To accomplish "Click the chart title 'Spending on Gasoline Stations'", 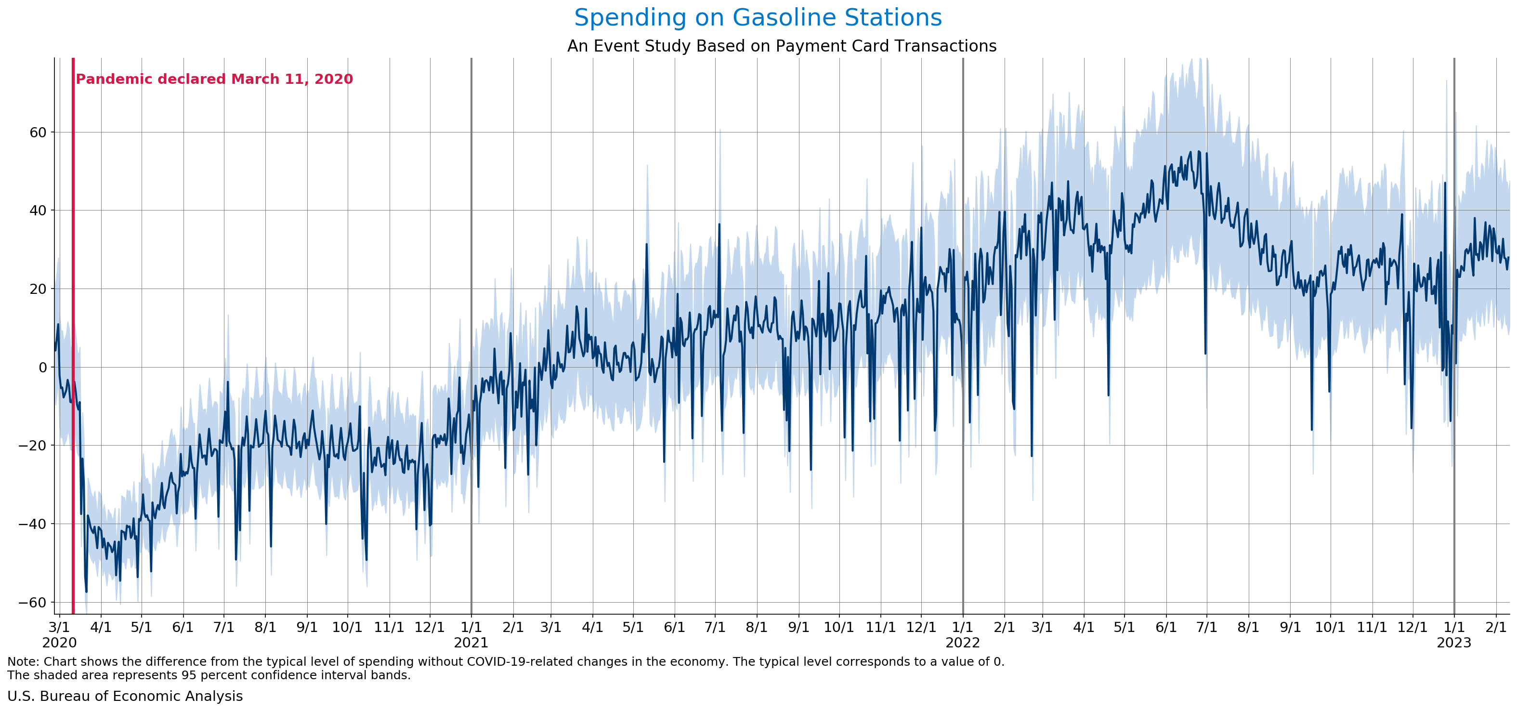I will point(758,18).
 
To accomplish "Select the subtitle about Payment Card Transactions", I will point(782,46).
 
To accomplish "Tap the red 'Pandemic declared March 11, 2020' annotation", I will point(214,79).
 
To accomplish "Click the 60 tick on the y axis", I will point(38,132).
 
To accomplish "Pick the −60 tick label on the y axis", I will point(32,602).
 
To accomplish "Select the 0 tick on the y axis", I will point(42,367).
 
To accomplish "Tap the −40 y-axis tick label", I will point(32,524).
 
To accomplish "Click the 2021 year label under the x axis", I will point(471,643).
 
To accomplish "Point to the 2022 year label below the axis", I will point(963,643).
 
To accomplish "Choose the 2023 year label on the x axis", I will point(1454,643).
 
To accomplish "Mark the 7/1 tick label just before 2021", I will point(224,627).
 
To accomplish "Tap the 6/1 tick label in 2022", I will point(1165,627).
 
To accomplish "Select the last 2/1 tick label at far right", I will point(1496,627).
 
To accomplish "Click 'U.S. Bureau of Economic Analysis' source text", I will point(125,696).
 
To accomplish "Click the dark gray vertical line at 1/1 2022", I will point(963,294).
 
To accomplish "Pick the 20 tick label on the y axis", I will point(38,289).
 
